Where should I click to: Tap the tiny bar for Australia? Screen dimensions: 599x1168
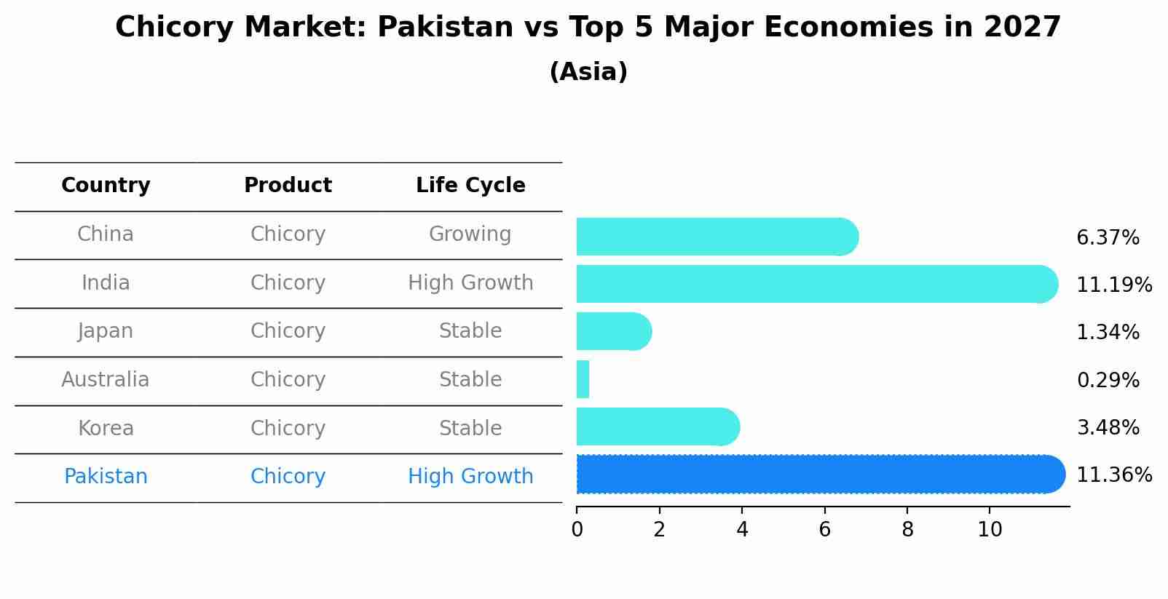[583, 379]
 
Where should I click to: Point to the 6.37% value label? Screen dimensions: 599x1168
[1108, 238]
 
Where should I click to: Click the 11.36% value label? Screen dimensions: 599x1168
[1113, 475]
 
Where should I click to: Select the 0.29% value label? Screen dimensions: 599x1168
[1108, 380]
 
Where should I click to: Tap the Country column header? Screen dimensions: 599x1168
[106, 186]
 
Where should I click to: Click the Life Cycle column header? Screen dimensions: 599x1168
[470, 186]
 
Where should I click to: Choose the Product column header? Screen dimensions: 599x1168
[288, 186]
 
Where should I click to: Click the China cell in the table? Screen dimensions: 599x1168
[106, 234]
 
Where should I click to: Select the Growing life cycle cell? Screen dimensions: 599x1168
[470, 234]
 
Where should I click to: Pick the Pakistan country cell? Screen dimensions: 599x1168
[106, 477]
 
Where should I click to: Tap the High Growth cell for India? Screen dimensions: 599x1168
[470, 283]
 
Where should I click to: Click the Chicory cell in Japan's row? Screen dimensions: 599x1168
[288, 331]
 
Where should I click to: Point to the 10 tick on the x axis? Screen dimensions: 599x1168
[990, 529]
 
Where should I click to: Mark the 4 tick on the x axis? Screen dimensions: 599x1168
[742, 529]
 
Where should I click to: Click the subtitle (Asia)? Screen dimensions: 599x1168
[588, 72]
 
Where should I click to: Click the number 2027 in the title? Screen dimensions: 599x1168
[1022, 28]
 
